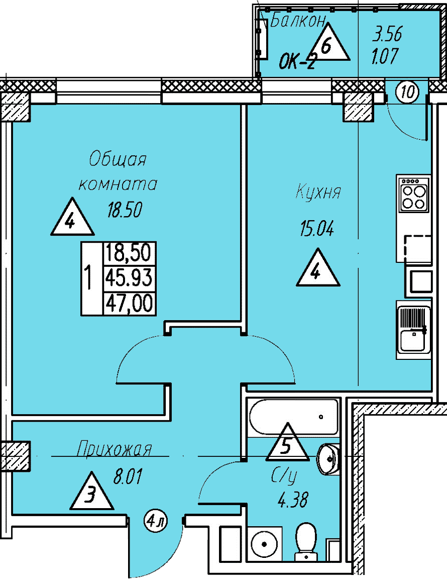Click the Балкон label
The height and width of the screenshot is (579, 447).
point(298,21)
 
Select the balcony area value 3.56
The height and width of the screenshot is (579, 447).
point(387,34)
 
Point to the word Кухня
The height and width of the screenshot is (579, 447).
point(318,192)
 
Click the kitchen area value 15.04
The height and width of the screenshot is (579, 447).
point(317,229)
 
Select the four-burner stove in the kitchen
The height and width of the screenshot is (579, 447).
point(414,194)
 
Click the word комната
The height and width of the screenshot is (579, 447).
point(118,184)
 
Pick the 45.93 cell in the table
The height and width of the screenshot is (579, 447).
point(129,277)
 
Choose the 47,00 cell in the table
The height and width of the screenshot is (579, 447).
point(129,304)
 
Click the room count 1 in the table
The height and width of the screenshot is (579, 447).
point(88,277)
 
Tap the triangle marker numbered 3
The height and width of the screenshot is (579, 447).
point(91,491)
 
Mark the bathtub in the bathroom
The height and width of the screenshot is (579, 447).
point(293,417)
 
